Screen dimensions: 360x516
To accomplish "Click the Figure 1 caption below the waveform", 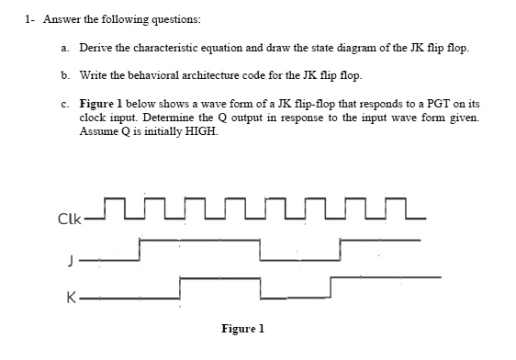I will pyautogui.click(x=242, y=327).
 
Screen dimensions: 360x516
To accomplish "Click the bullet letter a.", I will pyautogui.click(x=66, y=46).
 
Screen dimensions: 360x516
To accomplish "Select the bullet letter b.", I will pyautogui.click(x=66, y=73).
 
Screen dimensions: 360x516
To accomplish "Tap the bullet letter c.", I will pyautogui.click(x=66, y=101).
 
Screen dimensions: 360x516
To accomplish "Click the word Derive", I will pyautogui.click(x=96, y=46).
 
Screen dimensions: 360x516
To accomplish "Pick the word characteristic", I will pyautogui.click(x=173, y=46).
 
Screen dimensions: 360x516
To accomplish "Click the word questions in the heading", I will pyautogui.click(x=174, y=18).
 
